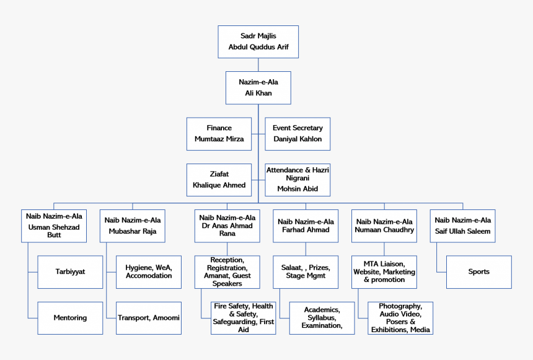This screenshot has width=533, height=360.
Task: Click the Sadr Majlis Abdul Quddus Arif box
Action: coord(258,42)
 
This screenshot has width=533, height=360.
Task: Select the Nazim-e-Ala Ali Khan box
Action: coord(258,87)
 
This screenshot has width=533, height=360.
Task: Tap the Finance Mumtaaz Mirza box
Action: coord(219,134)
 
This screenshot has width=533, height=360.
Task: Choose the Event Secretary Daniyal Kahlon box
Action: coord(297,134)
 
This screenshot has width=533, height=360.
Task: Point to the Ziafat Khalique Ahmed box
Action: coord(219,180)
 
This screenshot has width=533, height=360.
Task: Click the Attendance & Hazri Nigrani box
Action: coord(297,180)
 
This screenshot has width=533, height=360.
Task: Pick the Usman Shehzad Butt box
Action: coord(53,226)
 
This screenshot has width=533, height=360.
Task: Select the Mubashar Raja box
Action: coord(132,226)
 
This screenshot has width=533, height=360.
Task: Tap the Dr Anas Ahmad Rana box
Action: coord(227,226)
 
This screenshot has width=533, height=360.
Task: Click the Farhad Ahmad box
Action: coord(306,226)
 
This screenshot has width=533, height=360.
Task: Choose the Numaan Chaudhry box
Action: coord(384,226)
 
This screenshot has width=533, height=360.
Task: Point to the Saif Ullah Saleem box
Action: coord(462,226)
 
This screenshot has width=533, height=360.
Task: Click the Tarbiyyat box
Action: coord(70,271)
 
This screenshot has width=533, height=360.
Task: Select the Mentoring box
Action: coord(70,318)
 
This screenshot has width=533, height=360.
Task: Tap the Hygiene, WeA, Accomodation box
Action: coord(149,271)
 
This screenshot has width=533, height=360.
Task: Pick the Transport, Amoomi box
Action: coord(149,318)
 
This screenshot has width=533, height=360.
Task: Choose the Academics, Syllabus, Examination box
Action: coord(322,318)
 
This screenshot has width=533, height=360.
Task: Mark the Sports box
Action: coord(478,271)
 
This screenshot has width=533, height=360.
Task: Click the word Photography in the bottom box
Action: coord(400,307)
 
